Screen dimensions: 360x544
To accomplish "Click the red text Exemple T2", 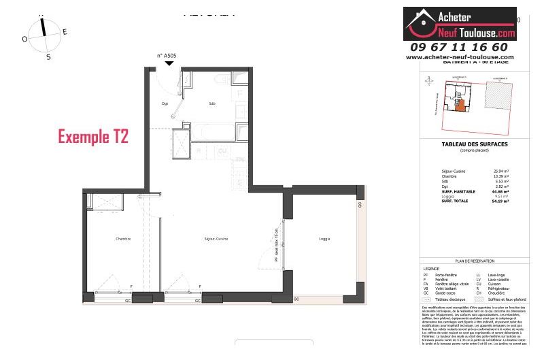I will click(x=93, y=136).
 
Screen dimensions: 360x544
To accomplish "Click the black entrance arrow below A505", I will click(x=169, y=63).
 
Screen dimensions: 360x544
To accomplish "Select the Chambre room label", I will click(x=122, y=239).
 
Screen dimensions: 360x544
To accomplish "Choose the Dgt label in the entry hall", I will click(x=165, y=103).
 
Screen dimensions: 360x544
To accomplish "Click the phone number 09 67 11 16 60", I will click(x=459, y=47).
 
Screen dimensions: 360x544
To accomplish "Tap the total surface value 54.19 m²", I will click(x=500, y=202).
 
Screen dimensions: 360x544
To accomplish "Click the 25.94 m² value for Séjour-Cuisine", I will click(x=500, y=170).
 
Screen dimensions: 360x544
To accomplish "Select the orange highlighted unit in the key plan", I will click(x=460, y=104).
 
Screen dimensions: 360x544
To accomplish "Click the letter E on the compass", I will click(x=65, y=31).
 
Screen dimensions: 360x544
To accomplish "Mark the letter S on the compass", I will click(x=48, y=57).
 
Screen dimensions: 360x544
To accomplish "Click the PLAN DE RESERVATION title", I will click(x=475, y=261).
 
